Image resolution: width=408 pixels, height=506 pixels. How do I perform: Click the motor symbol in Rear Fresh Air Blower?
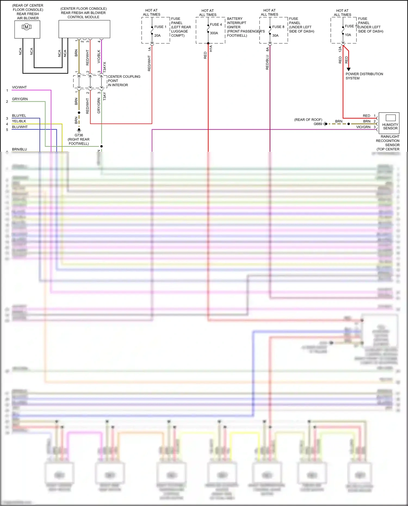[26, 27]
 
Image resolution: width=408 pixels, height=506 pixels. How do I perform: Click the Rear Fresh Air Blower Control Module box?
[84, 29]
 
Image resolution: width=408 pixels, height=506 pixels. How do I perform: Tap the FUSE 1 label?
[160, 27]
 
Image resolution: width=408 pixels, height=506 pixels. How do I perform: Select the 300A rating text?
[214, 33]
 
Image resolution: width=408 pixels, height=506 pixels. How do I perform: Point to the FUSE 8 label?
[278, 27]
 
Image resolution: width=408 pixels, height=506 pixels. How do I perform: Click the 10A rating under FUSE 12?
[348, 35]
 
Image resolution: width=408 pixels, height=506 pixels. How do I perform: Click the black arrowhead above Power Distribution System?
[349, 69]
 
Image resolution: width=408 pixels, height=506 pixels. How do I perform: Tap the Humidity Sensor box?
[389, 123]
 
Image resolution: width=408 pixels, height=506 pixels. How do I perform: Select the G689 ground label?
[318, 124]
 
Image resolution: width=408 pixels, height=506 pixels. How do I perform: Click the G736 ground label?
[79, 135]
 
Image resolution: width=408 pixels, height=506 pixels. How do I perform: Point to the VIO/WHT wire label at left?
[19, 87]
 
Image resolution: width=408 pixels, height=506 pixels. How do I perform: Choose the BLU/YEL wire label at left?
[19, 116]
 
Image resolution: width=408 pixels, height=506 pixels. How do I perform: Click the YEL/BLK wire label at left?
[19, 121]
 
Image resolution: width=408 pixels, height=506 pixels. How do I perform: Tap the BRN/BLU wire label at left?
[19, 149]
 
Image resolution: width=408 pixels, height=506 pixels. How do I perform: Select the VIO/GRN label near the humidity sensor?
[363, 127]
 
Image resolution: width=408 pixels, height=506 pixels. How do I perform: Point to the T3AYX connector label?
[105, 67]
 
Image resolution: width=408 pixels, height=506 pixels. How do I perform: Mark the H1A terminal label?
[211, 49]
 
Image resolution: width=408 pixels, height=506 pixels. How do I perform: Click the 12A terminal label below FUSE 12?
[340, 49]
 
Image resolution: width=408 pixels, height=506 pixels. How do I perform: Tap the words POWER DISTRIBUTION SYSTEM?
[364, 76]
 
